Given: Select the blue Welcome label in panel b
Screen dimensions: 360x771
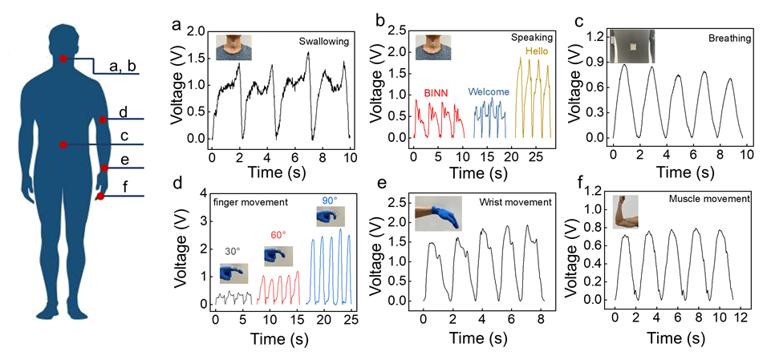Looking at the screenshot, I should pyautogui.click(x=489, y=91).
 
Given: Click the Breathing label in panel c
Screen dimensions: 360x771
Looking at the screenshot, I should pyautogui.click(x=728, y=38).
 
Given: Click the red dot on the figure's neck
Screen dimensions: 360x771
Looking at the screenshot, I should pyautogui.click(x=64, y=59).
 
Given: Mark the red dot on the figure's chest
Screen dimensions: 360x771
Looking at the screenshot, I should pyautogui.click(x=63, y=144).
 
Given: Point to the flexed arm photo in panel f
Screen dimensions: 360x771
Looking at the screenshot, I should pyautogui.click(x=627, y=212).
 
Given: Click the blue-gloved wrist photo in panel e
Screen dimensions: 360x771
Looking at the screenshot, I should pyautogui.click(x=438, y=213).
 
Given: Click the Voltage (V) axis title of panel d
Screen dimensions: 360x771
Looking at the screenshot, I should pyautogui.click(x=181, y=249).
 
